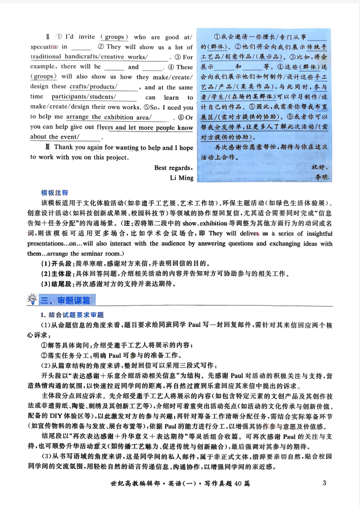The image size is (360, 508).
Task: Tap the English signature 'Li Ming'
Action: tap(182, 178)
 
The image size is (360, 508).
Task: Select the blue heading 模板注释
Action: tap(55, 193)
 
